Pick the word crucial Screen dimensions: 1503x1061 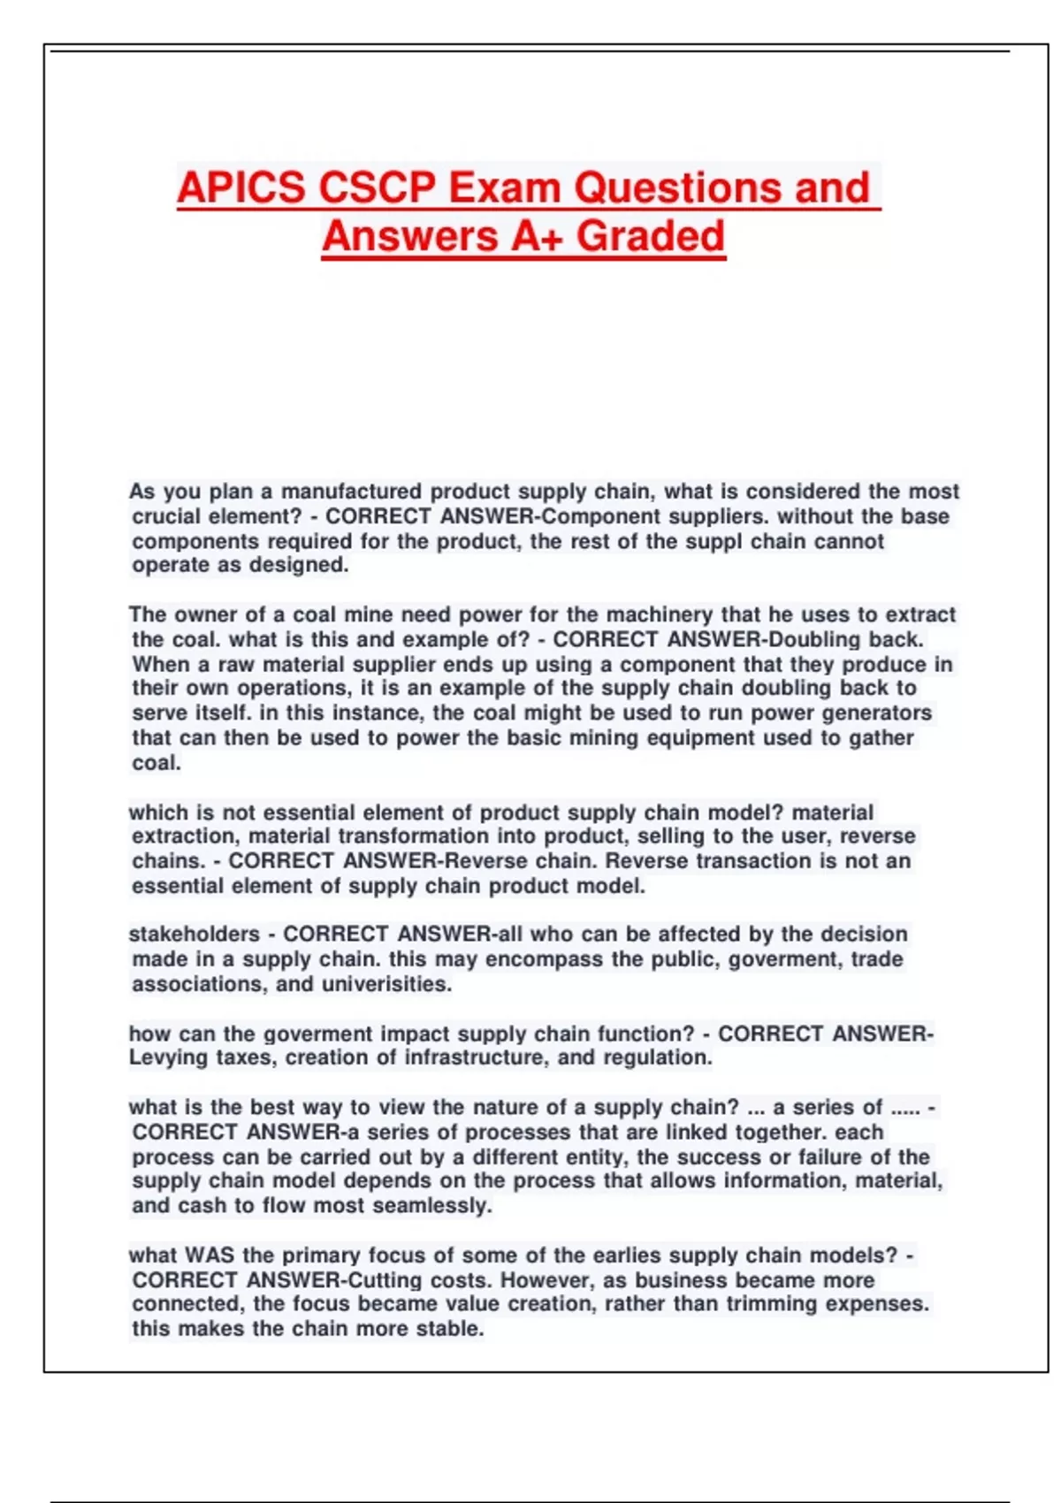click(x=165, y=516)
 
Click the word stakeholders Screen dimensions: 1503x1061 click(x=195, y=935)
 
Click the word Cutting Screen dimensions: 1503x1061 click(x=385, y=1280)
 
